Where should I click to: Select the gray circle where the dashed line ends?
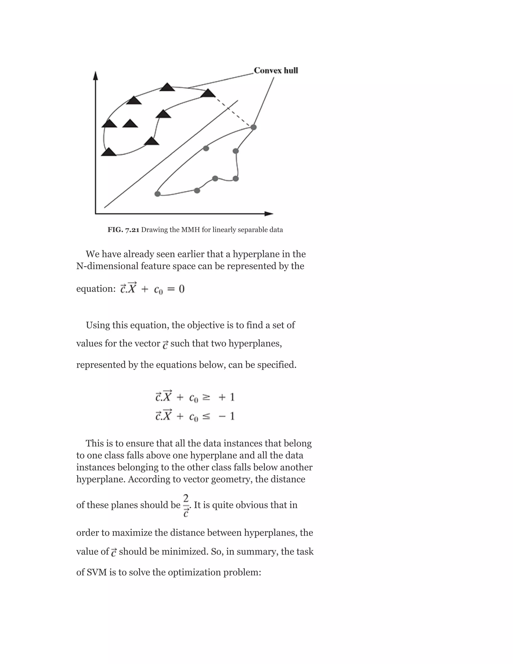pos(253,127)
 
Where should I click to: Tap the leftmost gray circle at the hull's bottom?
pos(157,194)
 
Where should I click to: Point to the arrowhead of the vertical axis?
pos(96,75)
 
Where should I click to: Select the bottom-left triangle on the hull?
pos(108,152)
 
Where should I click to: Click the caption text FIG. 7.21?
pos(123,230)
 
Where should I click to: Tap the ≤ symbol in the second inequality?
pos(206,416)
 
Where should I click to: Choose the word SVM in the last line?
pos(97,573)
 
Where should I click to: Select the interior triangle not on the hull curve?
pos(130,124)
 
